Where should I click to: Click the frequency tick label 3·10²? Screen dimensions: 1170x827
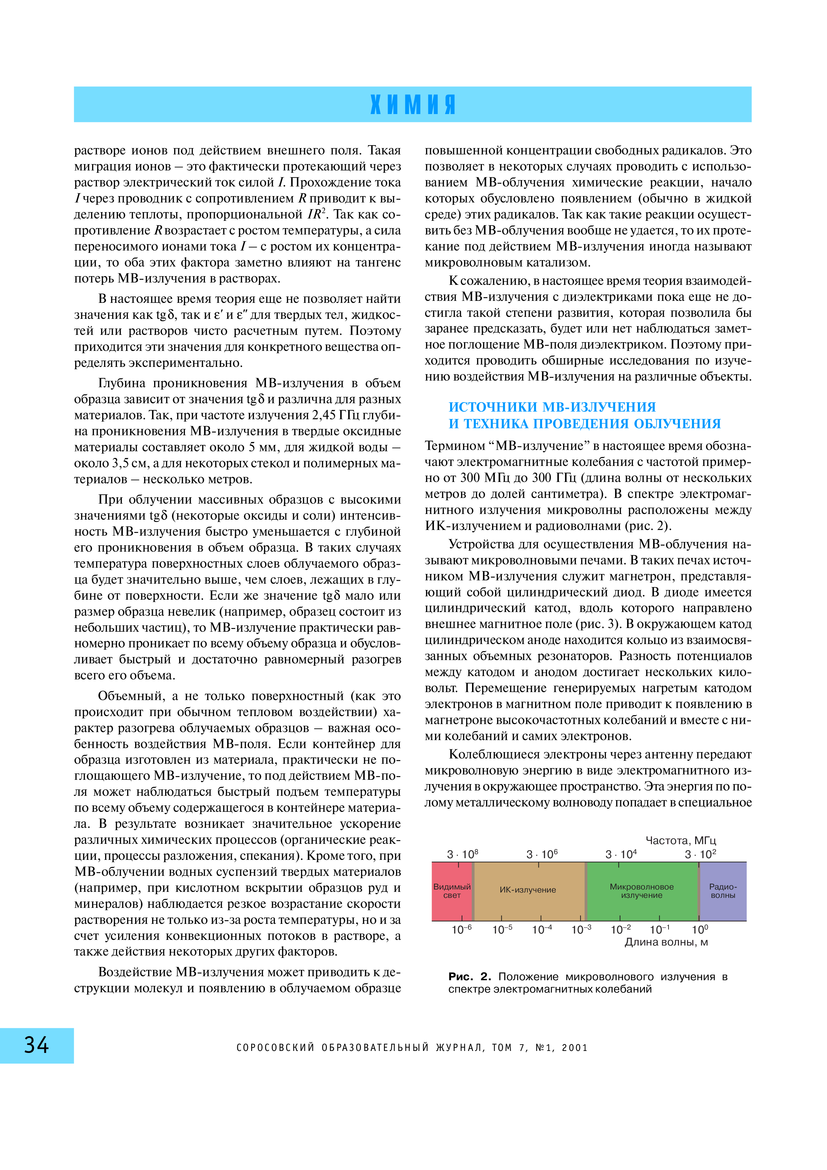pyautogui.click(x=701, y=854)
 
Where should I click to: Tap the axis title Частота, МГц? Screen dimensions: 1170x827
pyautogui.click(x=681, y=840)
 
